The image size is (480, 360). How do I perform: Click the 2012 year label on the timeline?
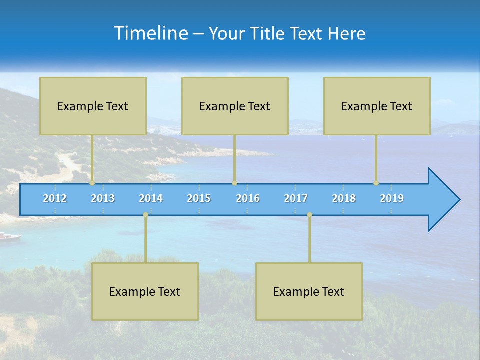(55, 198)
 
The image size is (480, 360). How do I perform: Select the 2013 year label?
(103, 198)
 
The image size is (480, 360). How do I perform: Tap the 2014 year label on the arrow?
(151, 198)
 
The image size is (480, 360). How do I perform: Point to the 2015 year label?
(199, 198)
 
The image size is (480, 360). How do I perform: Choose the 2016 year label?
(248, 198)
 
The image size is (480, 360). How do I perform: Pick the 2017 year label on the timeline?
(296, 198)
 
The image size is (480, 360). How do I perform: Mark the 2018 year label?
(344, 198)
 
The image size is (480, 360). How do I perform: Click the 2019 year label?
(392, 198)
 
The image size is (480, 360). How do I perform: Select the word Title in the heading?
(268, 34)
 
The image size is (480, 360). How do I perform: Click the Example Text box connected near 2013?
(93, 106)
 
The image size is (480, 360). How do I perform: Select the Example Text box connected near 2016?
(235, 106)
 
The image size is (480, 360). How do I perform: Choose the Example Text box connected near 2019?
(377, 106)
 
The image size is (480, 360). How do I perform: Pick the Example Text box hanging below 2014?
(145, 291)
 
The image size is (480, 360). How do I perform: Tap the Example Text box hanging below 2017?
(309, 291)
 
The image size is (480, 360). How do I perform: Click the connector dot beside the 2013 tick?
(92, 183)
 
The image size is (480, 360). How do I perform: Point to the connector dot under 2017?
(309, 215)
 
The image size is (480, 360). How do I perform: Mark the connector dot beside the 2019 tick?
(376, 183)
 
